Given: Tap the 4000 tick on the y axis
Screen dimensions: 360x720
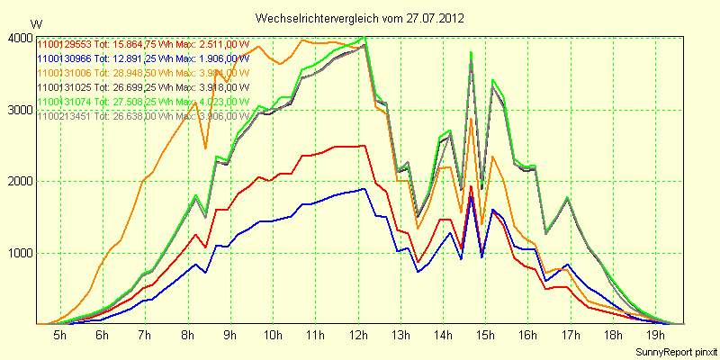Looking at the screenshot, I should (19, 38).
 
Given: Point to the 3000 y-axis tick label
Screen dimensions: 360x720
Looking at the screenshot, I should (19, 110).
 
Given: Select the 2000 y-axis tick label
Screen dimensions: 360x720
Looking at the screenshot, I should (19, 181).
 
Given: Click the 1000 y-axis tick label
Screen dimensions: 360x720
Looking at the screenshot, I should (19, 253).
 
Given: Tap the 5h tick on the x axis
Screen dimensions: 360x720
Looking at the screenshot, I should (59, 335).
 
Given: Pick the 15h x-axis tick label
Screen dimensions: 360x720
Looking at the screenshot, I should (486, 335).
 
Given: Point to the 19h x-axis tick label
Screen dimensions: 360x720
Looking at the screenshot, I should (656, 335).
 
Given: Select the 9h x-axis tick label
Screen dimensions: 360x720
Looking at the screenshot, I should (229, 335).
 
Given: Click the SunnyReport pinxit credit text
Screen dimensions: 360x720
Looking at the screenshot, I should (676, 350).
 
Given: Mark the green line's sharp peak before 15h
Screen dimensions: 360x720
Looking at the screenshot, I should (471, 52).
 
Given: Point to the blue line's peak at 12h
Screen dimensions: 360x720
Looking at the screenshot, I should (363, 189).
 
